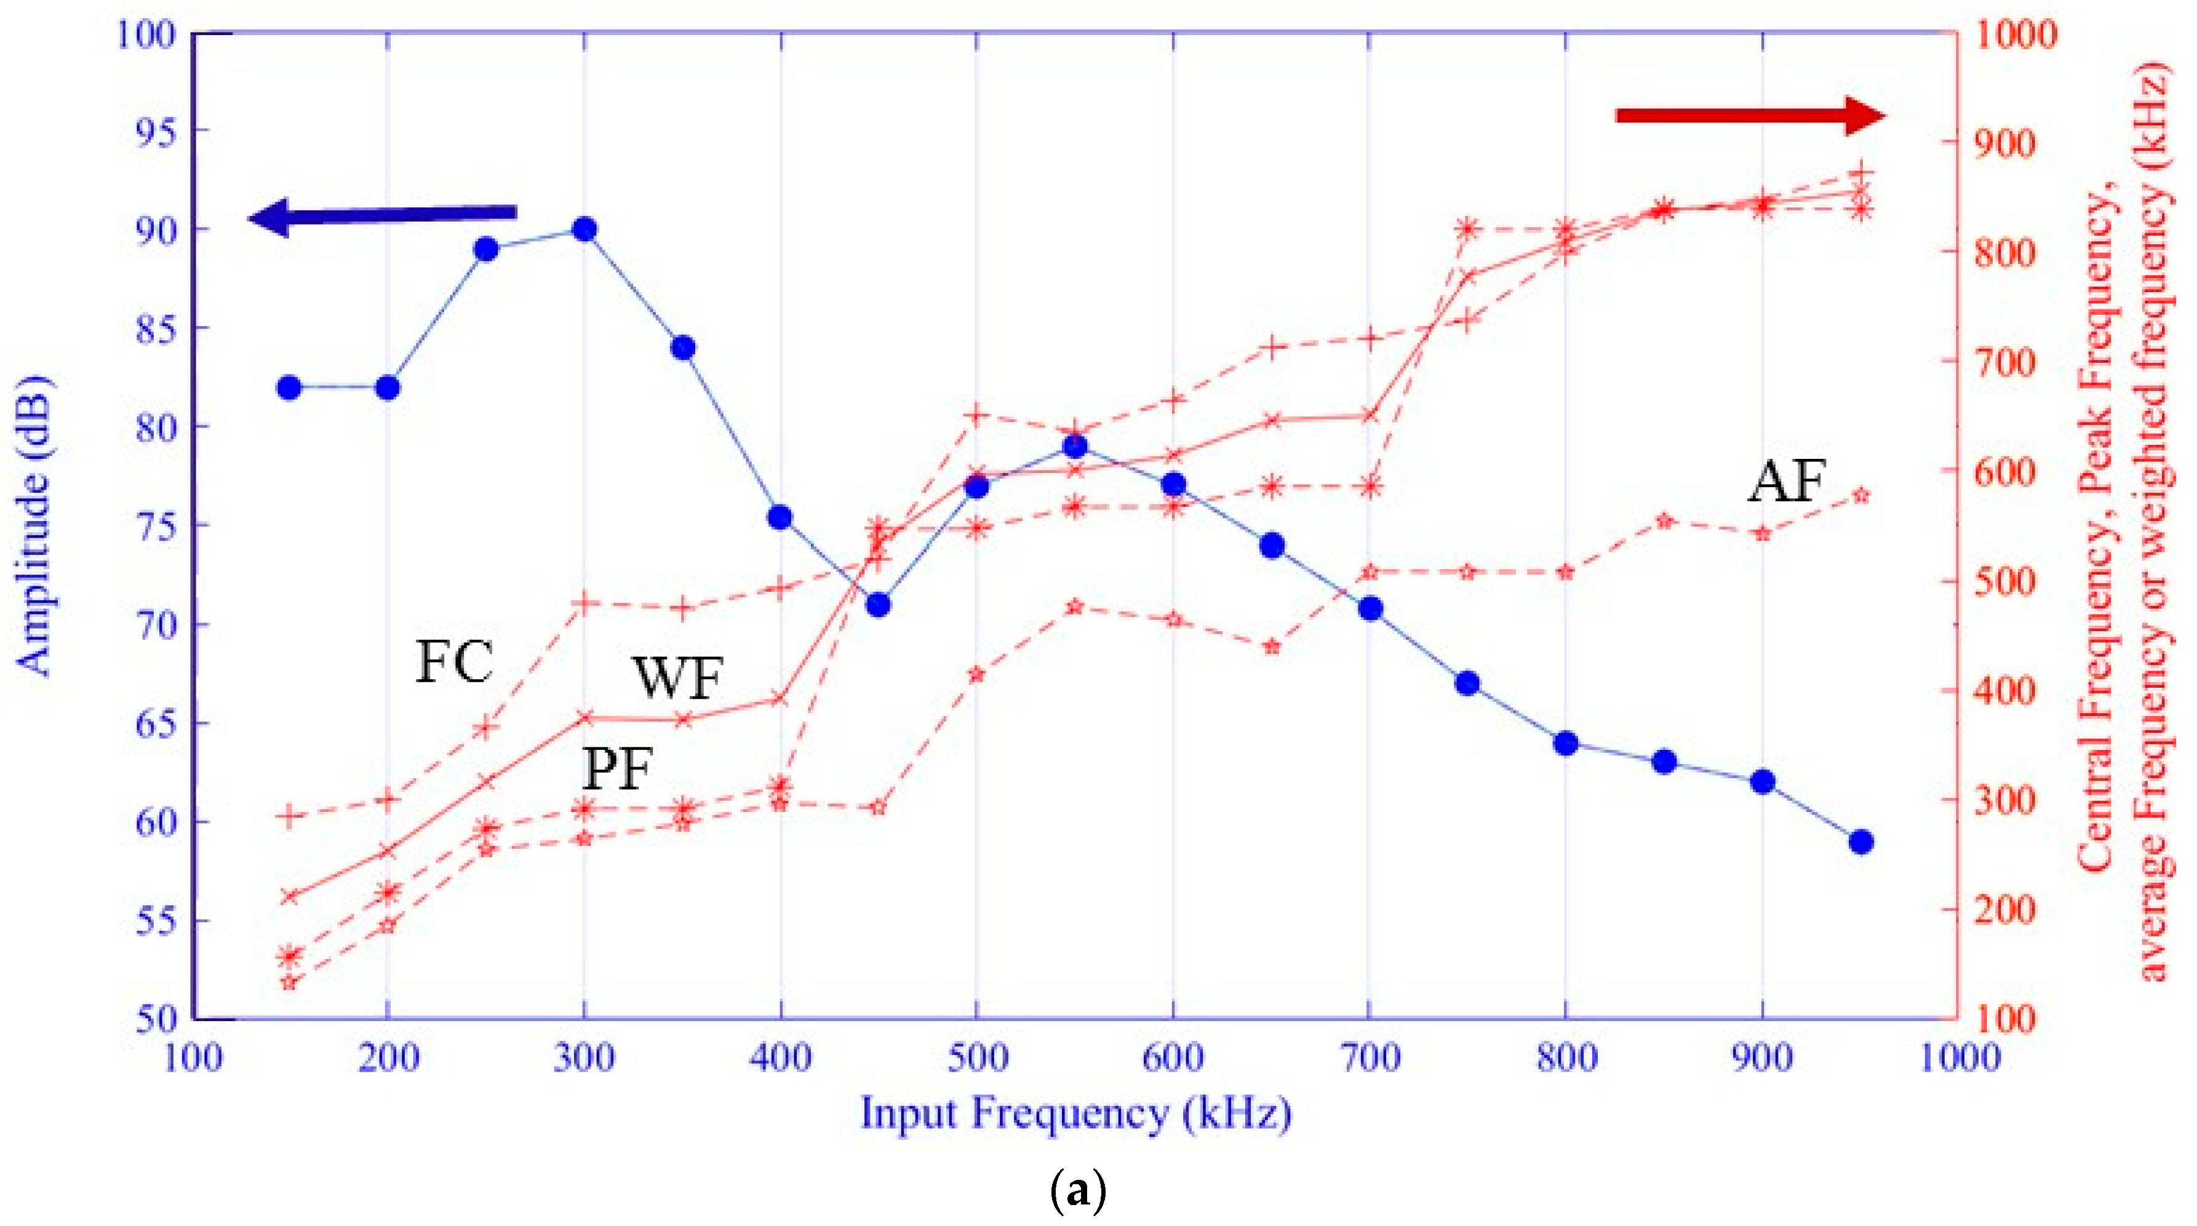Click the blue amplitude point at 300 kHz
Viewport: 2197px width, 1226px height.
point(584,229)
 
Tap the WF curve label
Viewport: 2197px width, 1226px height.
point(677,679)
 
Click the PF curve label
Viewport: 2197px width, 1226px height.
point(618,769)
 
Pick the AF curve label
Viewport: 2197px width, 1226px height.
point(1787,482)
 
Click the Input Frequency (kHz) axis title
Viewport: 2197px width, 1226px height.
point(1075,1113)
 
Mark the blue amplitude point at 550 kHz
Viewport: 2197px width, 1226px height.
point(1075,446)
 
